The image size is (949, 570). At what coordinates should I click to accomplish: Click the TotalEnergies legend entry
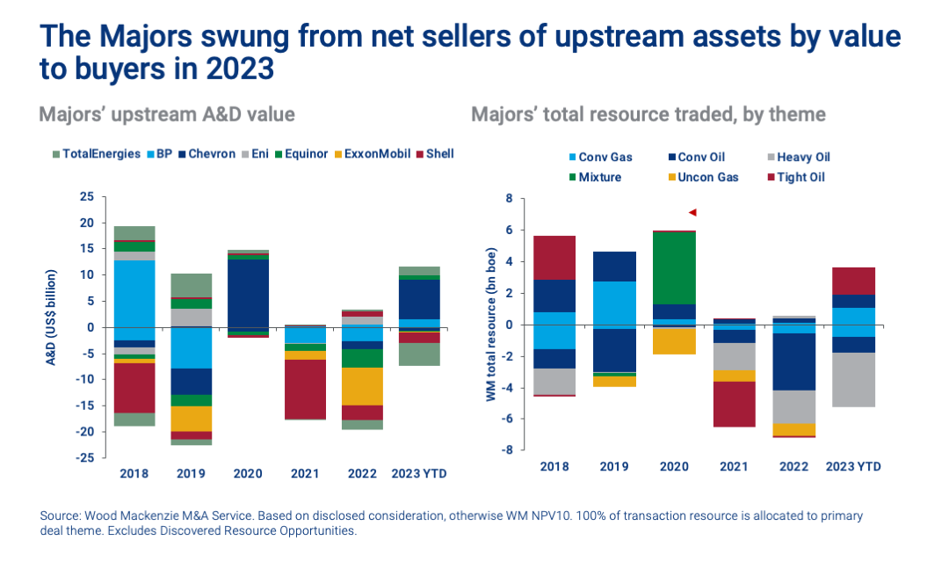(x=95, y=154)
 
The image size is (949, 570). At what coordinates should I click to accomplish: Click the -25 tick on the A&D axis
(x=85, y=457)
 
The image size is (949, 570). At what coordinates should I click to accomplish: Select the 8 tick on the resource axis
(x=507, y=199)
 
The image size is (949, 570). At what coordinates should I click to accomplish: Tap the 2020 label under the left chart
(x=248, y=473)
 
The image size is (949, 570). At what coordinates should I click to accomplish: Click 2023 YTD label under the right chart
(x=853, y=466)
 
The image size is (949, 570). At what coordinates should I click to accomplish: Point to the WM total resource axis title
(x=489, y=324)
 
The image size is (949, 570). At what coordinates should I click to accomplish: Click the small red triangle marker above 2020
(x=692, y=212)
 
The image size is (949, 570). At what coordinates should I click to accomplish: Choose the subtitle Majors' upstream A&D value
(x=166, y=114)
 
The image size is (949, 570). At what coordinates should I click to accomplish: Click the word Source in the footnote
(x=59, y=516)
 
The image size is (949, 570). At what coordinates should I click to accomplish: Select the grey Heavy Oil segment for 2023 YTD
(x=853, y=379)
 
